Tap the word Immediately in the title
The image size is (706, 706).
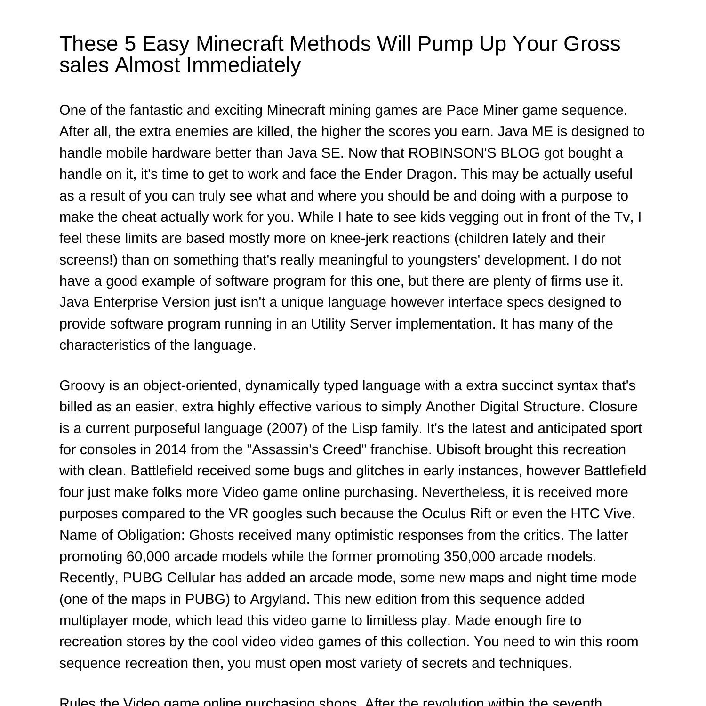click(243, 65)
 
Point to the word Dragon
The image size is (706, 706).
click(433, 174)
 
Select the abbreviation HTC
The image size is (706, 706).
click(585, 513)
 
